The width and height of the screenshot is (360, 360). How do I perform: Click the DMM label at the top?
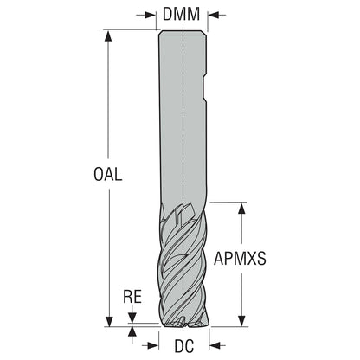[181, 14]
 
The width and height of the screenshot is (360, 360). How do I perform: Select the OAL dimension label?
[108, 174]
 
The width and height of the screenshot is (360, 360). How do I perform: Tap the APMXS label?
[240, 258]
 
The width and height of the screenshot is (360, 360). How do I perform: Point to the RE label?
[132, 296]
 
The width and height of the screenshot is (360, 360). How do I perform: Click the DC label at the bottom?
[184, 345]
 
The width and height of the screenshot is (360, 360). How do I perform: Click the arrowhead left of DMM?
[151, 15]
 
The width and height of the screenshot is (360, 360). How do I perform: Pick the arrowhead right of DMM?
[213, 15]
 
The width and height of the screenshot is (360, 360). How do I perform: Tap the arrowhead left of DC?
[153, 345]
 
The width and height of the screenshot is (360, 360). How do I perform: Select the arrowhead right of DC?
[215, 345]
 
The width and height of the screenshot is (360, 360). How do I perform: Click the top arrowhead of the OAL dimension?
[108, 35]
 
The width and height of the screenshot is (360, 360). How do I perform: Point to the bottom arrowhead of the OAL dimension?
[109, 321]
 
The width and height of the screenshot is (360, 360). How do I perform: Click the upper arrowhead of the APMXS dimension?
[241, 209]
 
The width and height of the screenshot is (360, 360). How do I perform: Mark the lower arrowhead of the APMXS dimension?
[241, 321]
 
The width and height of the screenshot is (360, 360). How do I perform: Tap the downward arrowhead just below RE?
[132, 318]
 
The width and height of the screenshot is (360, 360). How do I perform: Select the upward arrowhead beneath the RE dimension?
[132, 332]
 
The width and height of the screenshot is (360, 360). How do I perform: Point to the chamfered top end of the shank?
[183, 33]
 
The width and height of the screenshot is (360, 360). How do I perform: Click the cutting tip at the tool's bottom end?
[183, 323]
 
